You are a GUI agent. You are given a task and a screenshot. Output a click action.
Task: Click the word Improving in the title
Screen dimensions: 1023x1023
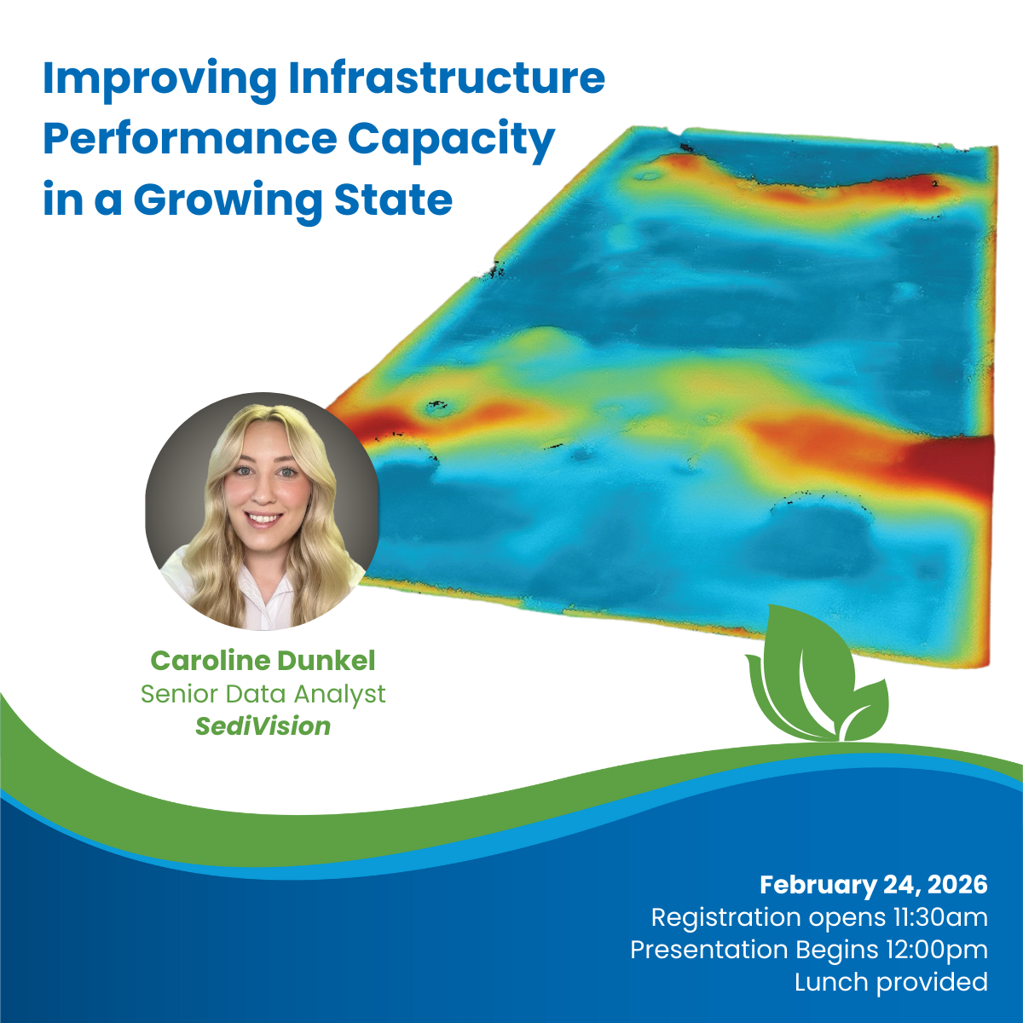(x=159, y=79)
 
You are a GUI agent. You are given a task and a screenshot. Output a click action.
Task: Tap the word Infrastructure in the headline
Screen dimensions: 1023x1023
(x=447, y=78)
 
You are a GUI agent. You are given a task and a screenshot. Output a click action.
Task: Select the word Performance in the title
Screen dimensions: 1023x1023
(x=189, y=139)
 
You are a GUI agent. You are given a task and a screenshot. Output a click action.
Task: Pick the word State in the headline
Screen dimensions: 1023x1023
(x=393, y=199)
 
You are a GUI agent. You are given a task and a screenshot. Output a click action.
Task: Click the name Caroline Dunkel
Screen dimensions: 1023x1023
(x=263, y=661)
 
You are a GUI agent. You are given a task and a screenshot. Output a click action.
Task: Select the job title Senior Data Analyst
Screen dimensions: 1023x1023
(x=263, y=695)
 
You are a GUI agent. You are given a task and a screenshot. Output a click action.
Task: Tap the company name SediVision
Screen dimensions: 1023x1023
(x=263, y=726)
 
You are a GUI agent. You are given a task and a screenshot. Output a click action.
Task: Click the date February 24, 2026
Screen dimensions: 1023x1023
(x=873, y=886)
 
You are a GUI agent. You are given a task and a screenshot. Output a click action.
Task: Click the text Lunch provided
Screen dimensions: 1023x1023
(x=891, y=982)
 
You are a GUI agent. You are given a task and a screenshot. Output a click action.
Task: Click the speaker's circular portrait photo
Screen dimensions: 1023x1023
(x=263, y=511)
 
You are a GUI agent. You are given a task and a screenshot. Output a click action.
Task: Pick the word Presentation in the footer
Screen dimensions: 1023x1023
(x=709, y=950)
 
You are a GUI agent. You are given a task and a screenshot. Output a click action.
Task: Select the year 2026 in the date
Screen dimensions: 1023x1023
(x=957, y=885)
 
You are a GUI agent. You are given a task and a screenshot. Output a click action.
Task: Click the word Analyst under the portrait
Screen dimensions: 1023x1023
(x=340, y=695)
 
